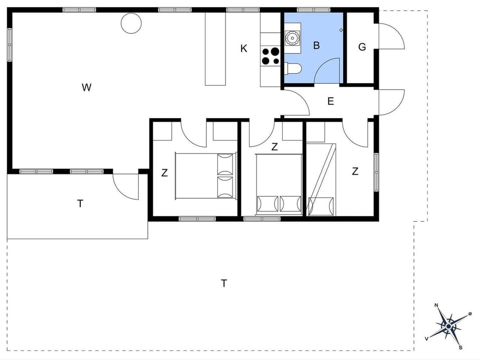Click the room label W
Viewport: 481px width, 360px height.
(x=87, y=88)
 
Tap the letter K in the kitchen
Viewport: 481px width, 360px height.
(x=244, y=49)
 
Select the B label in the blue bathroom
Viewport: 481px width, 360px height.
(x=316, y=46)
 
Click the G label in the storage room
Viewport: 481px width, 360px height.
(x=362, y=47)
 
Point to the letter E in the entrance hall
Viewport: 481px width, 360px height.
(x=330, y=101)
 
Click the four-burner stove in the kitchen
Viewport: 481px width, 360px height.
(x=271, y=56)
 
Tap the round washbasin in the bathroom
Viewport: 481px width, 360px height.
(x=291, y=37)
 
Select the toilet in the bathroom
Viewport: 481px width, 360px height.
(x=293, y=69)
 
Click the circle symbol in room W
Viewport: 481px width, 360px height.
(x=131, y=23)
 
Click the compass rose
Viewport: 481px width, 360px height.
(x=448, y=326)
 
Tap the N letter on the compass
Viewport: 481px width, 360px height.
(x=436, y=305)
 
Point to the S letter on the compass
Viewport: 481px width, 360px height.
(x=460, y=347)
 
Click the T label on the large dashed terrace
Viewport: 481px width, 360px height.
(x=224, y=283)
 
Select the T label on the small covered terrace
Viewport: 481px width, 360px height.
(x=80, y=203)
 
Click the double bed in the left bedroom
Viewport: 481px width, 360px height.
(x=205, y=176)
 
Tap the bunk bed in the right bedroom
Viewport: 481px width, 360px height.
(x=321, y=179)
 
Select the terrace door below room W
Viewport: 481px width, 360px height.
(x=125, y=186)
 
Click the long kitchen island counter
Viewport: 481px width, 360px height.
(x=215, y=49)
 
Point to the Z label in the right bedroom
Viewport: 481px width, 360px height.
(x=355, y=171)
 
